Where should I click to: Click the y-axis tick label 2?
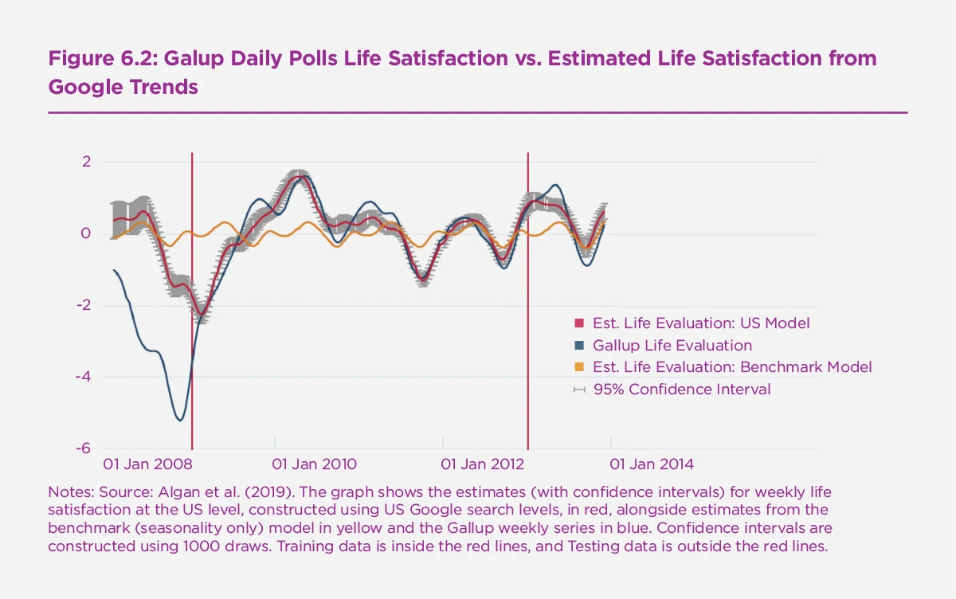pos(86,162)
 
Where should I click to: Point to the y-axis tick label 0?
pos(86,233)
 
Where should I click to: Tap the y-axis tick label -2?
pos(83,305)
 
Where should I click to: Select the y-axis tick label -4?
pos(83,377)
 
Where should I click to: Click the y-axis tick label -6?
pos(83,448)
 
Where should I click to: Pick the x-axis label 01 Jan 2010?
pos(314,464)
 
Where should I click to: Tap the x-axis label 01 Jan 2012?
pos(483,464)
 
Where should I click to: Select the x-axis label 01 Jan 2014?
pos(652,464)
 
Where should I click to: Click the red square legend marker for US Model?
pos(579,323)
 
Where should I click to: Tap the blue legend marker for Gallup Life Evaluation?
pos(579,346)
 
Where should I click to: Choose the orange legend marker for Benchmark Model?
pos(579,367)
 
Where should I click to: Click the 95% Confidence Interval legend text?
pos(682,390)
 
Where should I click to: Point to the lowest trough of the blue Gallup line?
pos(179,420)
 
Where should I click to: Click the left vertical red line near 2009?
pos(192,358)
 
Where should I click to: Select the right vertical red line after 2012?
pos(528,358)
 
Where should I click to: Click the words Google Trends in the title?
pos(123,87)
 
